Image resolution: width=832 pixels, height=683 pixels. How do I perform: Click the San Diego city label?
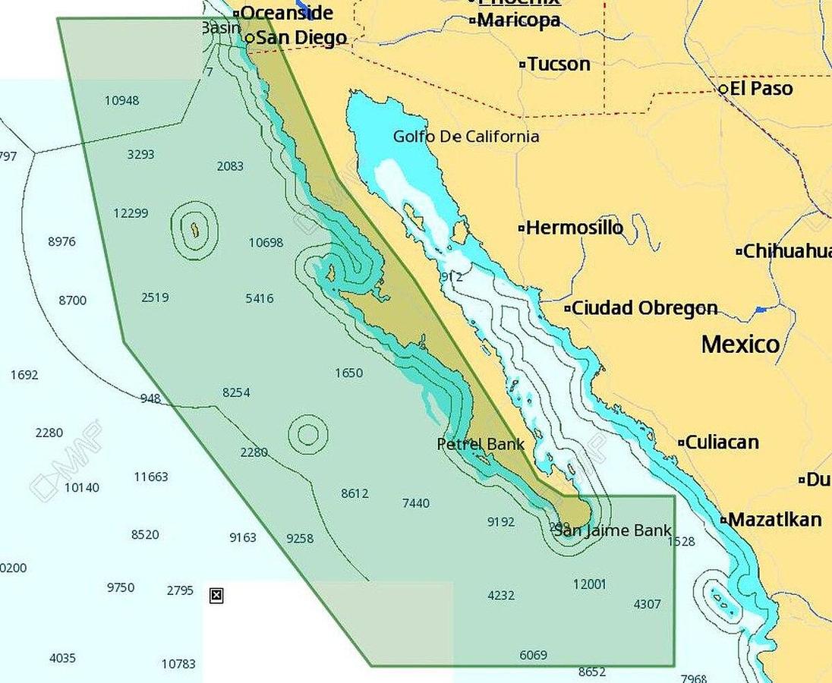(301, 38)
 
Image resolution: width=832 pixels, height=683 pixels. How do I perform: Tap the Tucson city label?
(558, 65)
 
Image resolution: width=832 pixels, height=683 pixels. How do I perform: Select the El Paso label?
(761, 89)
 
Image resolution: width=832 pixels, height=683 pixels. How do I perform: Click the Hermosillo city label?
(574, 228)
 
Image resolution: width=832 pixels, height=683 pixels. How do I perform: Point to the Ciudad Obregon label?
(644, 308)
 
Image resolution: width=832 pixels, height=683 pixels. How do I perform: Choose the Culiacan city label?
(721, 442)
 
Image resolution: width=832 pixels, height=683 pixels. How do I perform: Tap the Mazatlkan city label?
(774, 520)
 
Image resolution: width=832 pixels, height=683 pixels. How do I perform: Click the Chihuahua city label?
(786, 251)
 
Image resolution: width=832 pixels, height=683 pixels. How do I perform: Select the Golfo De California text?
(466, 137)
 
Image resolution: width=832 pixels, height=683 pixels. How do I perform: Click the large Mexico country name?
(740, 345)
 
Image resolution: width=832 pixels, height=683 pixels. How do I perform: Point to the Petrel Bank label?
(481, 444)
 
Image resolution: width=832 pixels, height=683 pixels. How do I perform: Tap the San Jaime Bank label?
(612, 530)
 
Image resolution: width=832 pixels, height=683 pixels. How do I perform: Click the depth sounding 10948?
(121, 100)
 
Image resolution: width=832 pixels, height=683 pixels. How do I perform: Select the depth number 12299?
(131, 213)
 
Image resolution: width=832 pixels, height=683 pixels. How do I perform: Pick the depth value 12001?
(590, 584)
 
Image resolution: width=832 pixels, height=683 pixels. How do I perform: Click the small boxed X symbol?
(216, 596)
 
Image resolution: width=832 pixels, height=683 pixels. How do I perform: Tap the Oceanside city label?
(286, 13)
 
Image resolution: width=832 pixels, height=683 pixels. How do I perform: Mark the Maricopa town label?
(518, 20)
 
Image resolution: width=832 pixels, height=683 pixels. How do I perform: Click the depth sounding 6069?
(533, 655)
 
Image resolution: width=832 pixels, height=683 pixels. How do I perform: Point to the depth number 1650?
(348, 373)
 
